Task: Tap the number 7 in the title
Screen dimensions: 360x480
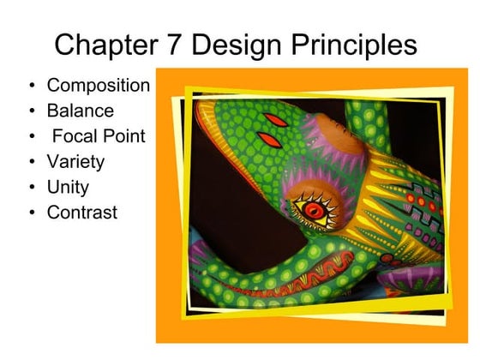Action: [x=182, y=44]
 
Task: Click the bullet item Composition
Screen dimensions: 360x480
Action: [x=99, y=86]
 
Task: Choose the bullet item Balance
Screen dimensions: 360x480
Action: [x=80, y=111]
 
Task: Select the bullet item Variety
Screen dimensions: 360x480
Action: [x=75, y=161]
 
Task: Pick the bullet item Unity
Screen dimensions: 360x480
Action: [x=68, y=186]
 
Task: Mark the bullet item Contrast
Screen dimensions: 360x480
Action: [x=81, y=212]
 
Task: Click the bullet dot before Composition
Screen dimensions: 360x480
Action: [x=32, y=86]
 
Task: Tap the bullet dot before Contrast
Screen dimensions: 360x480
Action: [x=32, y=212]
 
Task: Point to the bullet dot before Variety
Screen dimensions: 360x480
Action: [x=32, y=161]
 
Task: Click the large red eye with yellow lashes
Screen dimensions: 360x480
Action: [x=313, y=207]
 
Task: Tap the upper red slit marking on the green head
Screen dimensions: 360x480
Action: [x=274, y=118]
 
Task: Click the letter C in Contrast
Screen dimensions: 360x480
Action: [x=53, y=212]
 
